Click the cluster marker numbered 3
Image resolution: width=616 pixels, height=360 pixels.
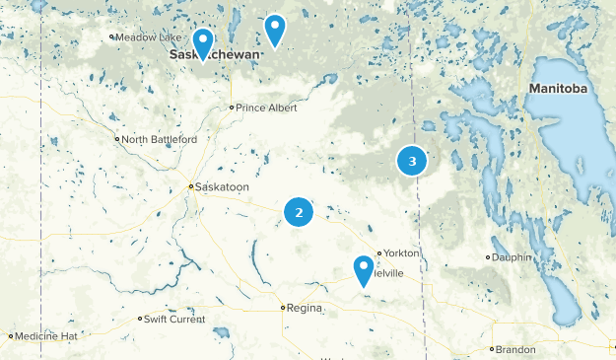point(412,161)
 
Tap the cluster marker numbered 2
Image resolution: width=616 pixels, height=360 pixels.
point(299,212)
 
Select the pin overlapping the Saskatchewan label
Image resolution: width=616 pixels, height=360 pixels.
point(203,43)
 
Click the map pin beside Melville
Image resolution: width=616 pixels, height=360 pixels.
point(364,269)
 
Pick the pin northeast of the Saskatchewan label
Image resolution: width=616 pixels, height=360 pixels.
point(275,30)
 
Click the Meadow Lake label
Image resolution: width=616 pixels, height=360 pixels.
point(144,37)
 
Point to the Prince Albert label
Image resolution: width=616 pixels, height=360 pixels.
point(265,107)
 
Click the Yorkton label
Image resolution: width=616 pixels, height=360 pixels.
point(402,253)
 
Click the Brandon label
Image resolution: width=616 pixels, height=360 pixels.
point(515,349)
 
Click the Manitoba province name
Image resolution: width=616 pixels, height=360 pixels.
point(558,89)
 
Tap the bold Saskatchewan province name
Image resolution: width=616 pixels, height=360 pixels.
point(216,55)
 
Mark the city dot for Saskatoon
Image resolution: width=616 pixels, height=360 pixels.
point(191,186)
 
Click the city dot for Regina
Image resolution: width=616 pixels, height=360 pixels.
point(283,308)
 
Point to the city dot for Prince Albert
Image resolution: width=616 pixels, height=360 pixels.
point(232,107)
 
